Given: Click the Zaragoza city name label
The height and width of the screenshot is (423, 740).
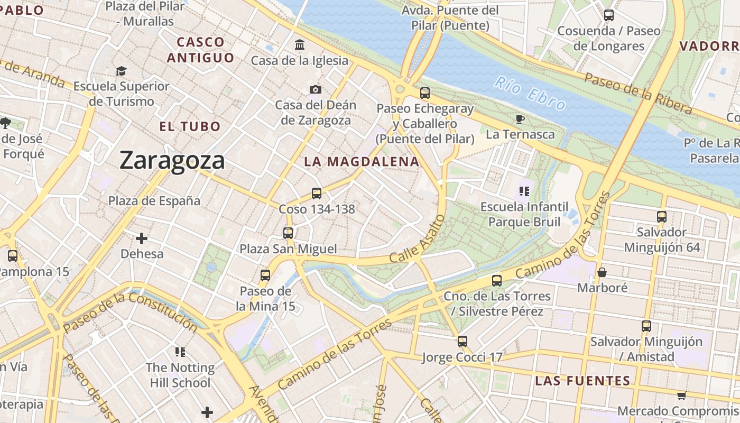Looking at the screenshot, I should pos(172,160).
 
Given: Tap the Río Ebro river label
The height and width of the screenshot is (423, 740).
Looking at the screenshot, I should pos(531,94).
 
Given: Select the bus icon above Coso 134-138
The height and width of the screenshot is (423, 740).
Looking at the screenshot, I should pos(316,194).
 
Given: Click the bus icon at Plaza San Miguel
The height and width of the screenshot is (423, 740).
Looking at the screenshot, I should pos(288,233).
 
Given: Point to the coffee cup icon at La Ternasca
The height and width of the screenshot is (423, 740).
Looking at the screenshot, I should pos(520,119).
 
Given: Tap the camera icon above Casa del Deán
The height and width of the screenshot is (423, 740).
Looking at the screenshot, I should pos(316,89).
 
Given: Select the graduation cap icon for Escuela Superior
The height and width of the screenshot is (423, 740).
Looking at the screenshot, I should pos(122,71).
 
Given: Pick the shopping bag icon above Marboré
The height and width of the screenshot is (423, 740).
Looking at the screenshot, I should pos(602,273).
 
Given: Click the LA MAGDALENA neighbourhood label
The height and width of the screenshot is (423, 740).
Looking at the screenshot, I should pos(362,162).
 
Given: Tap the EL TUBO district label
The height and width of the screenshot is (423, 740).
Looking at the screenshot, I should pos(190,126).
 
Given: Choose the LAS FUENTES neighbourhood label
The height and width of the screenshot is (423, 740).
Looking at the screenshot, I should pos(582,381).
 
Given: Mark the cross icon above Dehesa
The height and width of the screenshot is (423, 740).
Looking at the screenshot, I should pos(142,238).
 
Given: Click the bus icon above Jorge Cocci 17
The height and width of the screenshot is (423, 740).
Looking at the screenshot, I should pos(462,342).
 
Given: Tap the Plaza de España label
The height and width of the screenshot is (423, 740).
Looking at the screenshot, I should pos(154,201).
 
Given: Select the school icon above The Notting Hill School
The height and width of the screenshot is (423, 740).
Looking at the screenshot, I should pos(180,352).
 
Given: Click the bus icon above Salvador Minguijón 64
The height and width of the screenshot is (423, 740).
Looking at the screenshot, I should pos(661,216).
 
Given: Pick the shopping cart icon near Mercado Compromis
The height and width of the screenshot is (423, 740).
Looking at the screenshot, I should pos(681,396).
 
